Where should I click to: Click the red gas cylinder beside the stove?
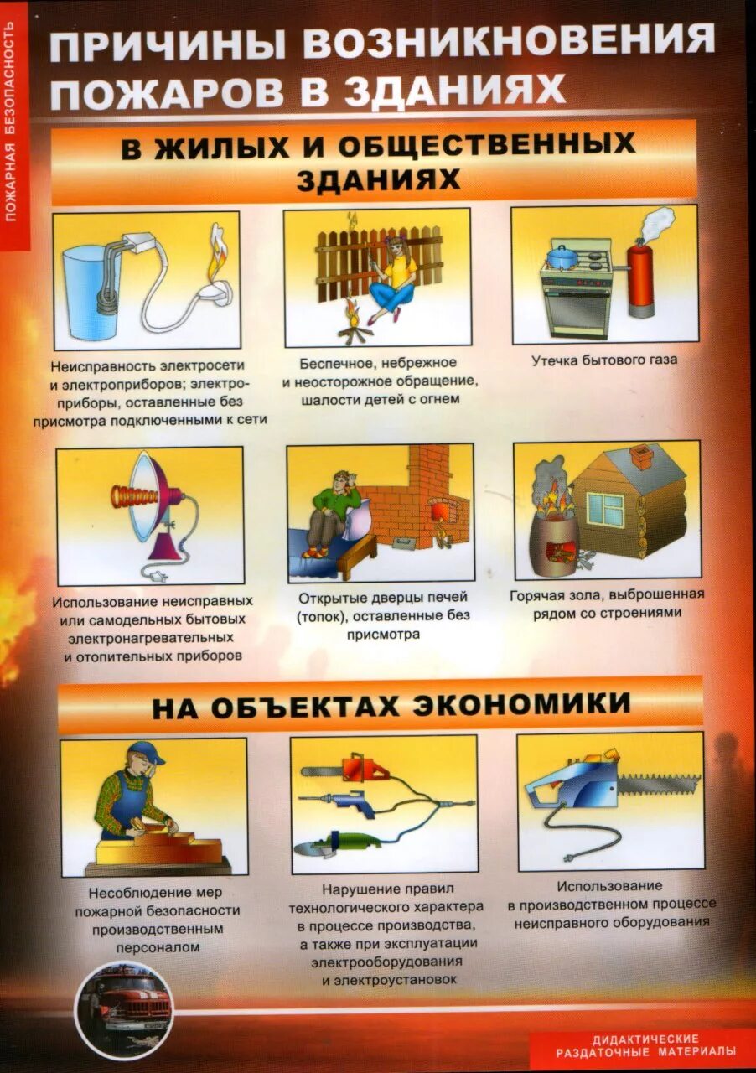pyautogui.click(x=641, y=277)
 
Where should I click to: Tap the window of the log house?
pyautogui.click(x=605, y=507)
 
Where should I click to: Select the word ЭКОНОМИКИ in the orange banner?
pyautogui.click(x=520, y=702)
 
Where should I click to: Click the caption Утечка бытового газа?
pyautogui.click(x=603, y=360)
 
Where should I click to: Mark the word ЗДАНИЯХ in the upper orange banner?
pyautogui.click(x=378, y=179)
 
